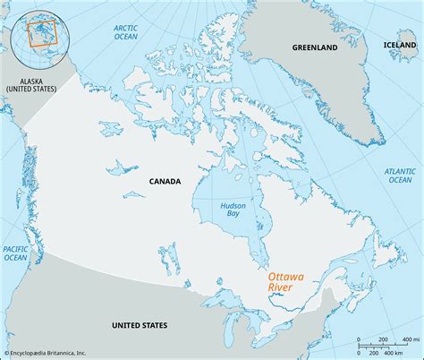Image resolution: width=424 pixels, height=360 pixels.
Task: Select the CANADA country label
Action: pyautogui.click(x=164, y=181)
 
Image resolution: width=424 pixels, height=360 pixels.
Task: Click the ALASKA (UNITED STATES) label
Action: pyautogui.click(x=30, y=85)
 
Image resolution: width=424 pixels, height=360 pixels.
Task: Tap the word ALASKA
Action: pyautogui.click(x=30, y=80)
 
